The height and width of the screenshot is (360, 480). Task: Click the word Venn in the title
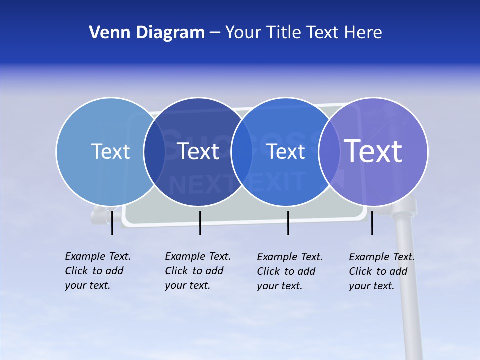pos(107,33)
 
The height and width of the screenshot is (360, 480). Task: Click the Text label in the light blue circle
pos(110,151)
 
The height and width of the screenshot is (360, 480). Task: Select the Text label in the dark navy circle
pos(198,151)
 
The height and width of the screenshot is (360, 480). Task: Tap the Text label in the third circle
pos(286,151)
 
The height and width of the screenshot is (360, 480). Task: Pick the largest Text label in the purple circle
pos(373,151)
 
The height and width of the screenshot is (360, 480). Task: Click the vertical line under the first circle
pos(112,223)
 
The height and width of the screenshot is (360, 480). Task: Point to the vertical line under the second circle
pos(200,223)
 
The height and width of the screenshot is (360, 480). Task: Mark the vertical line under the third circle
pos(288,223)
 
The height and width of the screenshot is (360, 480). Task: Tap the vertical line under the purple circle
pos(372,223)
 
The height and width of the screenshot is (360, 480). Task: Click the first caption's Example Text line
pos(98,256)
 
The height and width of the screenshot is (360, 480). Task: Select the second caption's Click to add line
pos(194,271)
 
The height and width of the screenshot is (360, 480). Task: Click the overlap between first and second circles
pos(154,151)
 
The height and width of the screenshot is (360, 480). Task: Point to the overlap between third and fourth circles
pos(329,151)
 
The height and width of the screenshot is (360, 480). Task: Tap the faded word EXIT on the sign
pos(278,181)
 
